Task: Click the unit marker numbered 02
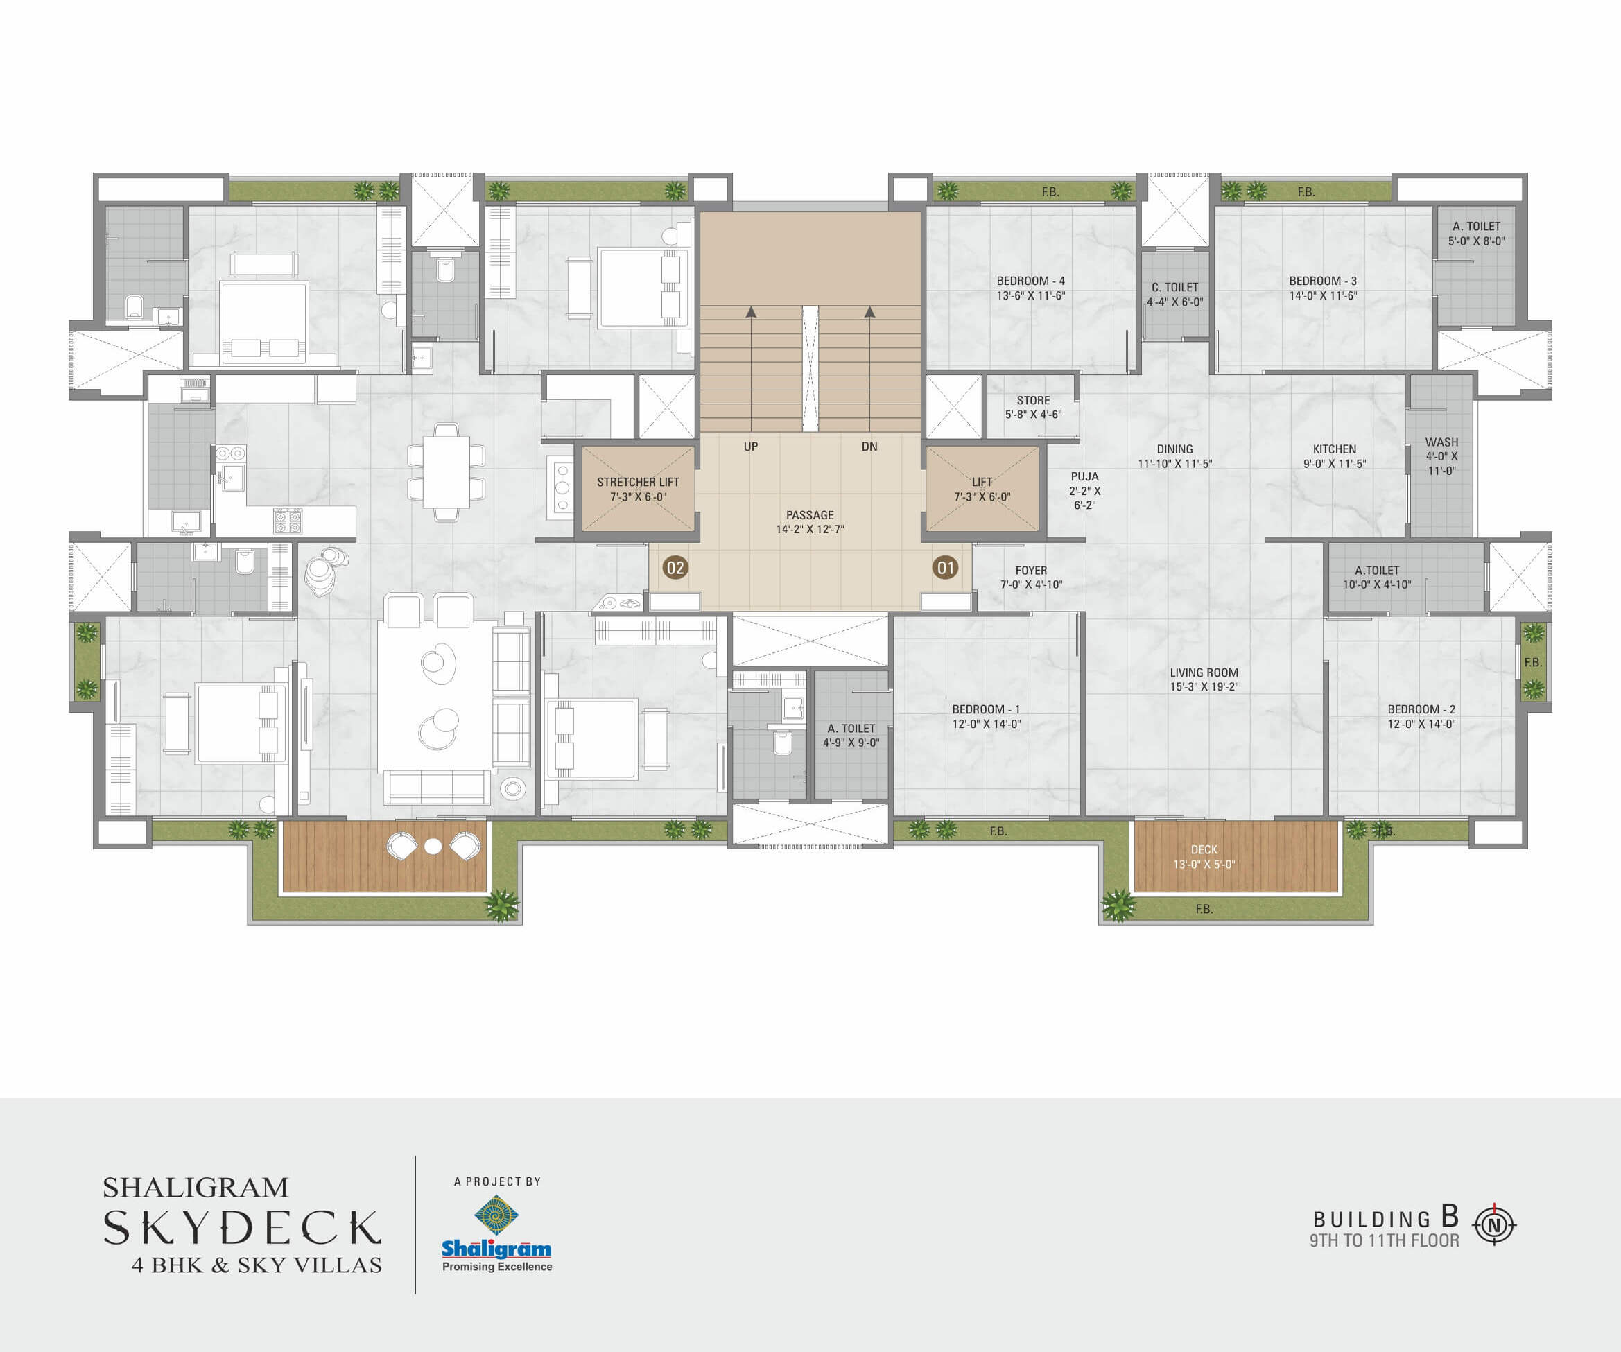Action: pos(675,569)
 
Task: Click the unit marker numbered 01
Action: pos(946,569)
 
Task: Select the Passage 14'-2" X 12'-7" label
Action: pos(810,522)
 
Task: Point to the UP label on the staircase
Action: pos(751,447)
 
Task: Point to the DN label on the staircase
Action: pos(869,447)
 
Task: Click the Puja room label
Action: pos(1084,491)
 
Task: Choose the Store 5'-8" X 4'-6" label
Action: pos(1034,408)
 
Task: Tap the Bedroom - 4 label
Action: pos(1030,288)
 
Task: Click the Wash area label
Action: pos(1442,456)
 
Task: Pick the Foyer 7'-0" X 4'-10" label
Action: pos(1031,578)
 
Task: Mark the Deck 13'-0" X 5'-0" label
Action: pos(1204,857)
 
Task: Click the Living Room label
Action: pos(1204,679)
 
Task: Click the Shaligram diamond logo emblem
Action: pos(496,1215)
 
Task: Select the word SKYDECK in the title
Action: pos(243,1228)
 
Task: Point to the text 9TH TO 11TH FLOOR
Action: pos(1384,1240)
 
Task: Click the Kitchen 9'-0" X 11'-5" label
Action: pos(1335,456)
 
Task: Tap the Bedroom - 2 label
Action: pos(1422,716)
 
